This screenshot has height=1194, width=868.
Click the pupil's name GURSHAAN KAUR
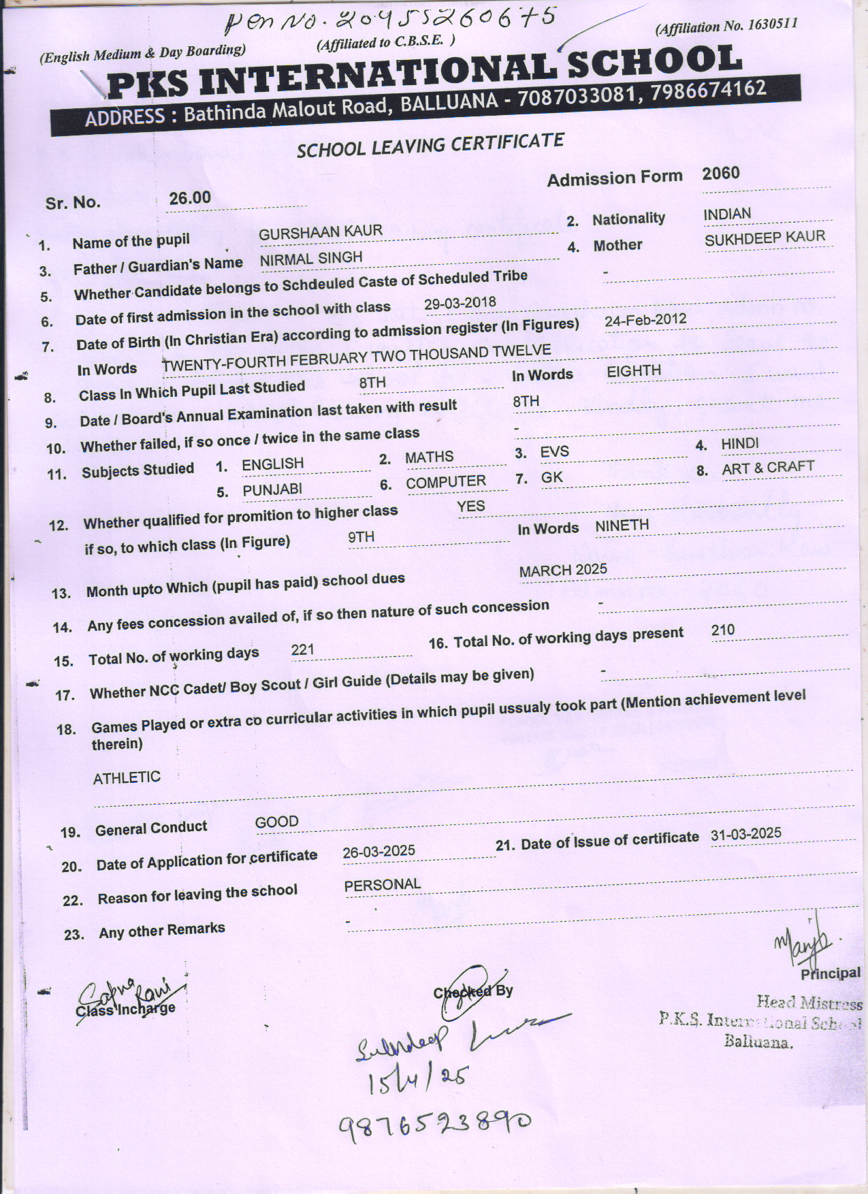click(x=311, y=232)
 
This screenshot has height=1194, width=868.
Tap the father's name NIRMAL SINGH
click(x=310, y=259)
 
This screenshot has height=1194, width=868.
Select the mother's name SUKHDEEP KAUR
click(x=765, y=238)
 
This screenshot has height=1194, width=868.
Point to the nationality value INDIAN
click(x=727, y=214)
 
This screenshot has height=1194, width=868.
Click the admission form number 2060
click(x=720, y=174)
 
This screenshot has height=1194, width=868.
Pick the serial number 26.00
click(x=190, y=198)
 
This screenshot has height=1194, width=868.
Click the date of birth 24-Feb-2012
click(x=645, y=320)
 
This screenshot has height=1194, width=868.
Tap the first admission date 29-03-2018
click(x=460, y=304)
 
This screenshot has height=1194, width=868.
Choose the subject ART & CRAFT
click(x=768, y=468)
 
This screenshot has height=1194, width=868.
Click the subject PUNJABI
click(x=272, y=490)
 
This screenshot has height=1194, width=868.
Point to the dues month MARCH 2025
click(x=563, y=570)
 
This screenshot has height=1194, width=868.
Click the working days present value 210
click(x=722, y=630)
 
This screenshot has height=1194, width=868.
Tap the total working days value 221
click(x=302, y=649)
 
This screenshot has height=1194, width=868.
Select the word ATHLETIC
click(x=127, y=777)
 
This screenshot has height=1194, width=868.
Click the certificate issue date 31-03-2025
click(x=745, y=835)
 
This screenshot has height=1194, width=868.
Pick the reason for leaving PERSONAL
click(x=382, y=885)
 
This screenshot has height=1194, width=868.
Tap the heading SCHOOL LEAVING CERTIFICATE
click(x=430, y=145)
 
